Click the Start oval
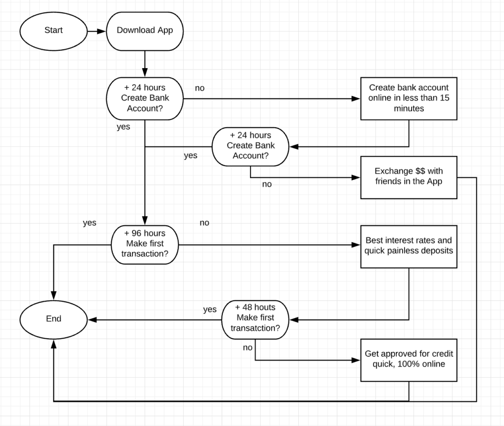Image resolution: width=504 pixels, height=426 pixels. click(x=53, y=31)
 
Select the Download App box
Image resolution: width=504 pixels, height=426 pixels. click(x=145, y=31)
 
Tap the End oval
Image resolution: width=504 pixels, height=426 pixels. click(x=53, y=319)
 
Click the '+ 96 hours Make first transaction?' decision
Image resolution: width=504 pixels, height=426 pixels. click(x=145, y=245)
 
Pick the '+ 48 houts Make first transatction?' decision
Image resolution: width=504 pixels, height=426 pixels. click(x=255, y=319)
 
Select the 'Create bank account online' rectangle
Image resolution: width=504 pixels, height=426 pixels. click(x=409, y=99)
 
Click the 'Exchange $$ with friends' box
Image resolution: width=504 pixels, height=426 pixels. click(x=409, y=177)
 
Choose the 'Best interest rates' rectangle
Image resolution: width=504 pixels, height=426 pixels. click(x=409, y=247)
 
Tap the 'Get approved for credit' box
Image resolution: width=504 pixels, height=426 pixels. click(x=409, y=360)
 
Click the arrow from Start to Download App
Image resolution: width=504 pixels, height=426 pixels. click(x=97, y=31)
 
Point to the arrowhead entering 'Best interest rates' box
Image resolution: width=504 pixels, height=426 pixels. click(x=356, y=245)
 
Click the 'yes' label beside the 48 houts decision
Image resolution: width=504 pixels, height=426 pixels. click(x=210, y=310)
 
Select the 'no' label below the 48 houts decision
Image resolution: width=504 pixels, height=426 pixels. click(x=248, y=348)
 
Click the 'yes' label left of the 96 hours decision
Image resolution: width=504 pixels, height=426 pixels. click(x=90, y=223)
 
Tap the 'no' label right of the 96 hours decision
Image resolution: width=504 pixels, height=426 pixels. click(x=204, y=223)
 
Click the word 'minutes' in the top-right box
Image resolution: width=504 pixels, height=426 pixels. click(x=409, y=108)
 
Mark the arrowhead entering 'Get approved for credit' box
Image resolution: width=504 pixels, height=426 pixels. click(x=356, y=360)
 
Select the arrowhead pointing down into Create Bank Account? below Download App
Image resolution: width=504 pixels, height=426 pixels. click(x=145, y=72)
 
